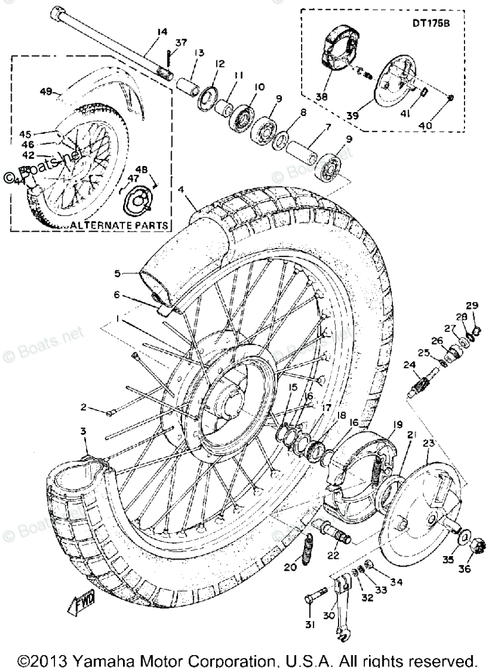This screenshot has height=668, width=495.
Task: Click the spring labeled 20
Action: (306, 553)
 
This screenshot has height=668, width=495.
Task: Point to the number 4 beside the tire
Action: (182, 189)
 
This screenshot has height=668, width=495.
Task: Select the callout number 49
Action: (46, 91)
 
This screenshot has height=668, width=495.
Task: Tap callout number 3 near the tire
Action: (83, 431)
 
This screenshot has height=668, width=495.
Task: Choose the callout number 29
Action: (472, 305)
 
